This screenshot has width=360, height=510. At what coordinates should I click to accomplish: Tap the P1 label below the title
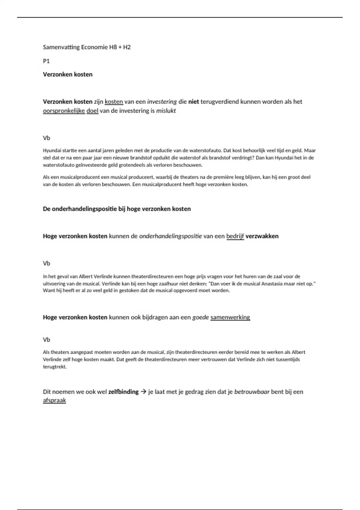46,61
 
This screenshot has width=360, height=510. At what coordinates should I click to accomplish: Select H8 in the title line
113,47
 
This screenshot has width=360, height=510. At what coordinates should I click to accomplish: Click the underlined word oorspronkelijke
64,111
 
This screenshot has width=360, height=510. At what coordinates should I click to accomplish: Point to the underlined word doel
92,111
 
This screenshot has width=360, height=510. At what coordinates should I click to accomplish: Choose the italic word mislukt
166,111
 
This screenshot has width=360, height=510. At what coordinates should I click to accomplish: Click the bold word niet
193,101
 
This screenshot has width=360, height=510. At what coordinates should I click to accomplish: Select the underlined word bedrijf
235,236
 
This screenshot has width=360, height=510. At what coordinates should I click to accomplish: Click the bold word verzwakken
262,236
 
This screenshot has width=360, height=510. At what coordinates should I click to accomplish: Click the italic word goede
200,317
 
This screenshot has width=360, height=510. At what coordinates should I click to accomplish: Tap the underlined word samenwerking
230,317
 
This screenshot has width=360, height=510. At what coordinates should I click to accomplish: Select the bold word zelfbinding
123,391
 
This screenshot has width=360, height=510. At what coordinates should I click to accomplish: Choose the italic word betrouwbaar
252,391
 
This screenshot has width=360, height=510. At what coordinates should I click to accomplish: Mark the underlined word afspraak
54,400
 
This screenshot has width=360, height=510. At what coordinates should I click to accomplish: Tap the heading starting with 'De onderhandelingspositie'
117,209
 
